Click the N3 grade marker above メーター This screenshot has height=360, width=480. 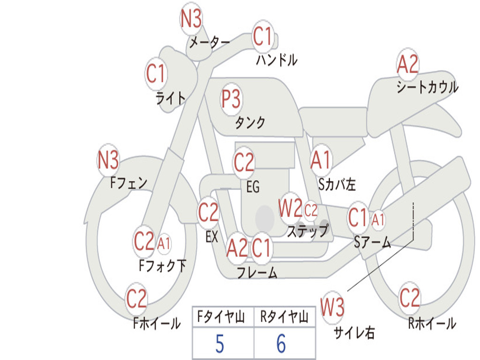pos(191,18)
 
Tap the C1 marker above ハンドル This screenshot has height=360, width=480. pos(262,36)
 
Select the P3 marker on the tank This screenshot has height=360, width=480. pos(231,99)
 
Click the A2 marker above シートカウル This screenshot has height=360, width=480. pos(407,64)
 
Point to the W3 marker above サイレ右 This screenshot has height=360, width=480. pos(332,307)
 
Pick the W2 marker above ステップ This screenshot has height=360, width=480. pos(290,208)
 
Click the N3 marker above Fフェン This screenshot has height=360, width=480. pos(108,160)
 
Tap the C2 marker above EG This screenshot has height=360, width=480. pos(244,162)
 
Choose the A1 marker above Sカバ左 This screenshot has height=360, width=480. pos(321,160)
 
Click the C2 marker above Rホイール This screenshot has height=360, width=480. pos(409,298)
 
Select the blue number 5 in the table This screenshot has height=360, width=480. pos(220,344)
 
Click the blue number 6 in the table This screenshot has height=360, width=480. pos(281,344)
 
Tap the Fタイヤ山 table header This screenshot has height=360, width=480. pos(221,317)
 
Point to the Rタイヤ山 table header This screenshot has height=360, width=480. pos(284,317)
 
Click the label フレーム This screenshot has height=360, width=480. pos(257,272)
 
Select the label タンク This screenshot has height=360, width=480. pos(250,122)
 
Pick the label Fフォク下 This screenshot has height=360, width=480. pos(162,265)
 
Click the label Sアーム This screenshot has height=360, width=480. pos(372,242)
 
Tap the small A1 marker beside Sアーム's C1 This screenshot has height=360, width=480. pos(378,220)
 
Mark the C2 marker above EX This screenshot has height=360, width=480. pos(208,212)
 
